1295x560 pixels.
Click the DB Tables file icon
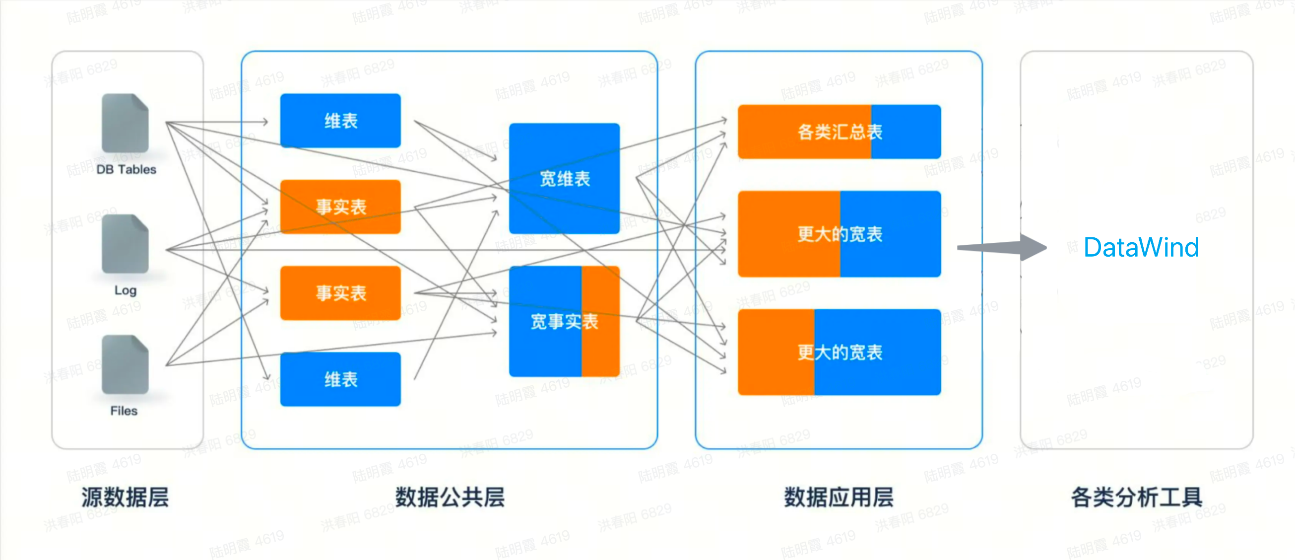tap(125, 123)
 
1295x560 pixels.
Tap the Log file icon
tap(125, 244)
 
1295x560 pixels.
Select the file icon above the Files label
tap(125, 365)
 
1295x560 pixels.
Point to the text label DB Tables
tap(126, 170)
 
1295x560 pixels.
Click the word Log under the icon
tap(125, 290)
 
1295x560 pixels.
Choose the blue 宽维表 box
tap(564, 178)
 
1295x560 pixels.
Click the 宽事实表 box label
tap(564, 322)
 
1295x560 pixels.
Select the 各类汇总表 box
tap(839, 132)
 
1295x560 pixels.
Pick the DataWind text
tap(1141, 247)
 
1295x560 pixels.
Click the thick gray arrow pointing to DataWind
tap(1000, 247)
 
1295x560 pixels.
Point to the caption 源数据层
tap(125, 497)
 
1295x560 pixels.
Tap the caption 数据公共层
tap(450, 497)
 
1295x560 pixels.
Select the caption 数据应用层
tap(839, 497)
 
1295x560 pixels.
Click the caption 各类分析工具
tap(1137, 497)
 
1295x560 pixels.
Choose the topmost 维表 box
tap(340, 121)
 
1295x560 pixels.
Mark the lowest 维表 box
tap(340, 379)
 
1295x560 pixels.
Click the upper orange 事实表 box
tap(340, 207)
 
